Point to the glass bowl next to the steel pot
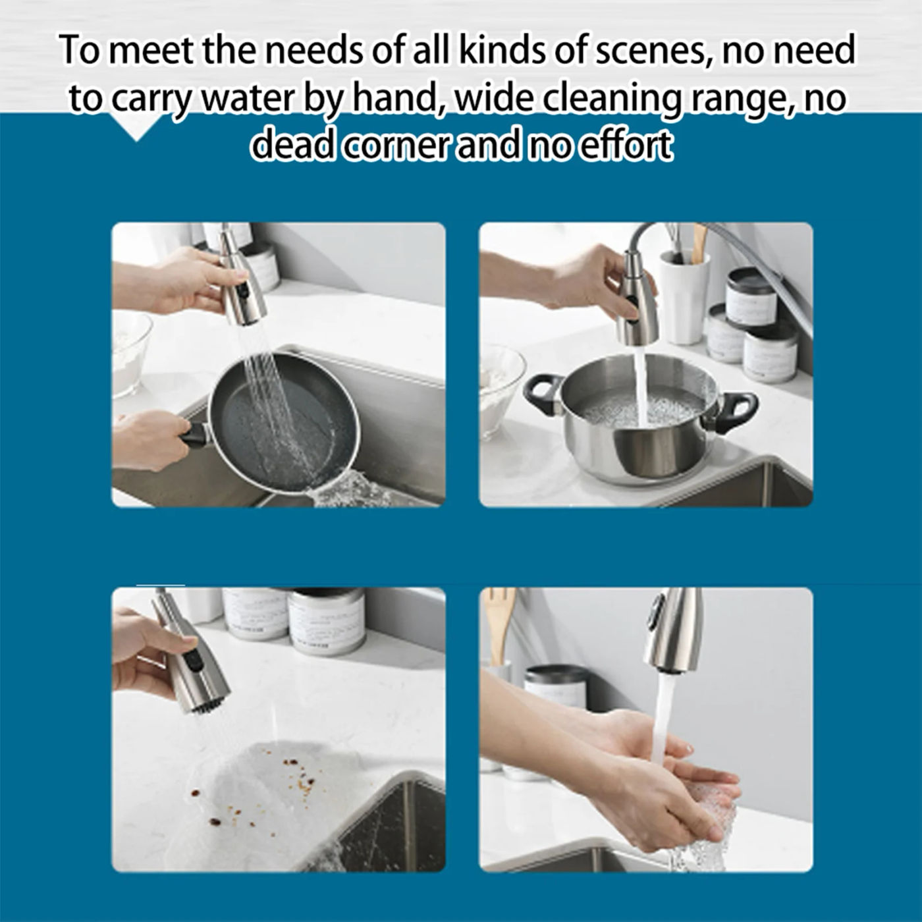click(501, 389)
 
